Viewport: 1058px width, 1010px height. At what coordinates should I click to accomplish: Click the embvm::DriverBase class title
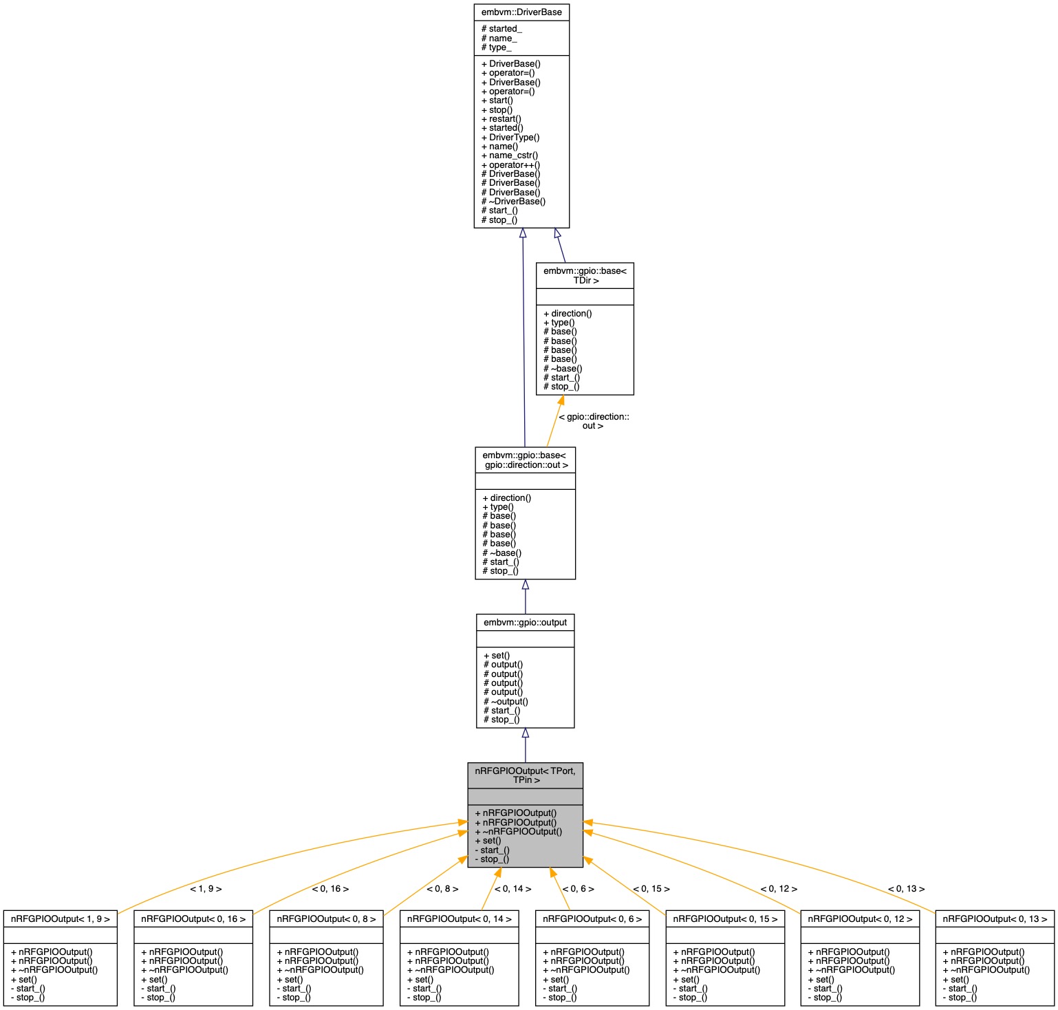click(521, 12)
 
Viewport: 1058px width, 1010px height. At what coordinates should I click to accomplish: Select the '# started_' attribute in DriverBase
click(501, 29)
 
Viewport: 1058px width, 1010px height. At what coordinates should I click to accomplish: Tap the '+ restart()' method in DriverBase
click(501, 119)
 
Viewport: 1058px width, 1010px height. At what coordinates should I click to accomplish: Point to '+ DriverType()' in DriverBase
click(510, 138)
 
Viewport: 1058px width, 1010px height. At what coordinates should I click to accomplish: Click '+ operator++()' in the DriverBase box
click(510, 165)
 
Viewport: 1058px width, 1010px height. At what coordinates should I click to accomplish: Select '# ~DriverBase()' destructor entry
click(513, 202)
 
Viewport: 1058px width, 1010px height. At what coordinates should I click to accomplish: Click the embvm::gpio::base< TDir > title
click(585, 276)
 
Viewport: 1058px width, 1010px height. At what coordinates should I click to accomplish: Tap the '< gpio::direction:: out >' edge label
click(594, 421)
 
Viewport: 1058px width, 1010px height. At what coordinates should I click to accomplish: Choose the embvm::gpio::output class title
click(525, 623)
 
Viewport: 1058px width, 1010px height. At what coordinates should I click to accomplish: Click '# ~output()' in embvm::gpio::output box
click(506, 702)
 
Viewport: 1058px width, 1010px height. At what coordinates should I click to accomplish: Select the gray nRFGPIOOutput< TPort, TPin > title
click(525, 775)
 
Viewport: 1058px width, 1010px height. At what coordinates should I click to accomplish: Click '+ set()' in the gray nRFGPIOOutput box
click(488, 841)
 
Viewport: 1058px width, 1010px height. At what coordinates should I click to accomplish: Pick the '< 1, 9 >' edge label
click(206, 889)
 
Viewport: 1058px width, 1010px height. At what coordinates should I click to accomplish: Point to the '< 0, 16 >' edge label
click(330, 889)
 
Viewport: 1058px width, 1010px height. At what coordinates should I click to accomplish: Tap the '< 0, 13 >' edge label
click(906, 889)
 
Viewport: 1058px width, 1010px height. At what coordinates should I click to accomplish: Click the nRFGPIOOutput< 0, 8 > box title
click(326, 919)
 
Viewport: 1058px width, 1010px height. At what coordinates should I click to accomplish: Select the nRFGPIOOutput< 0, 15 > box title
click(725, 919)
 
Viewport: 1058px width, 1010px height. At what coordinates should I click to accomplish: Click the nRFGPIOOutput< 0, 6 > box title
click(592, 919)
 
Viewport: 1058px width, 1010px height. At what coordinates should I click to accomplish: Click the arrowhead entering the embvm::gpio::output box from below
click(525, 733)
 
